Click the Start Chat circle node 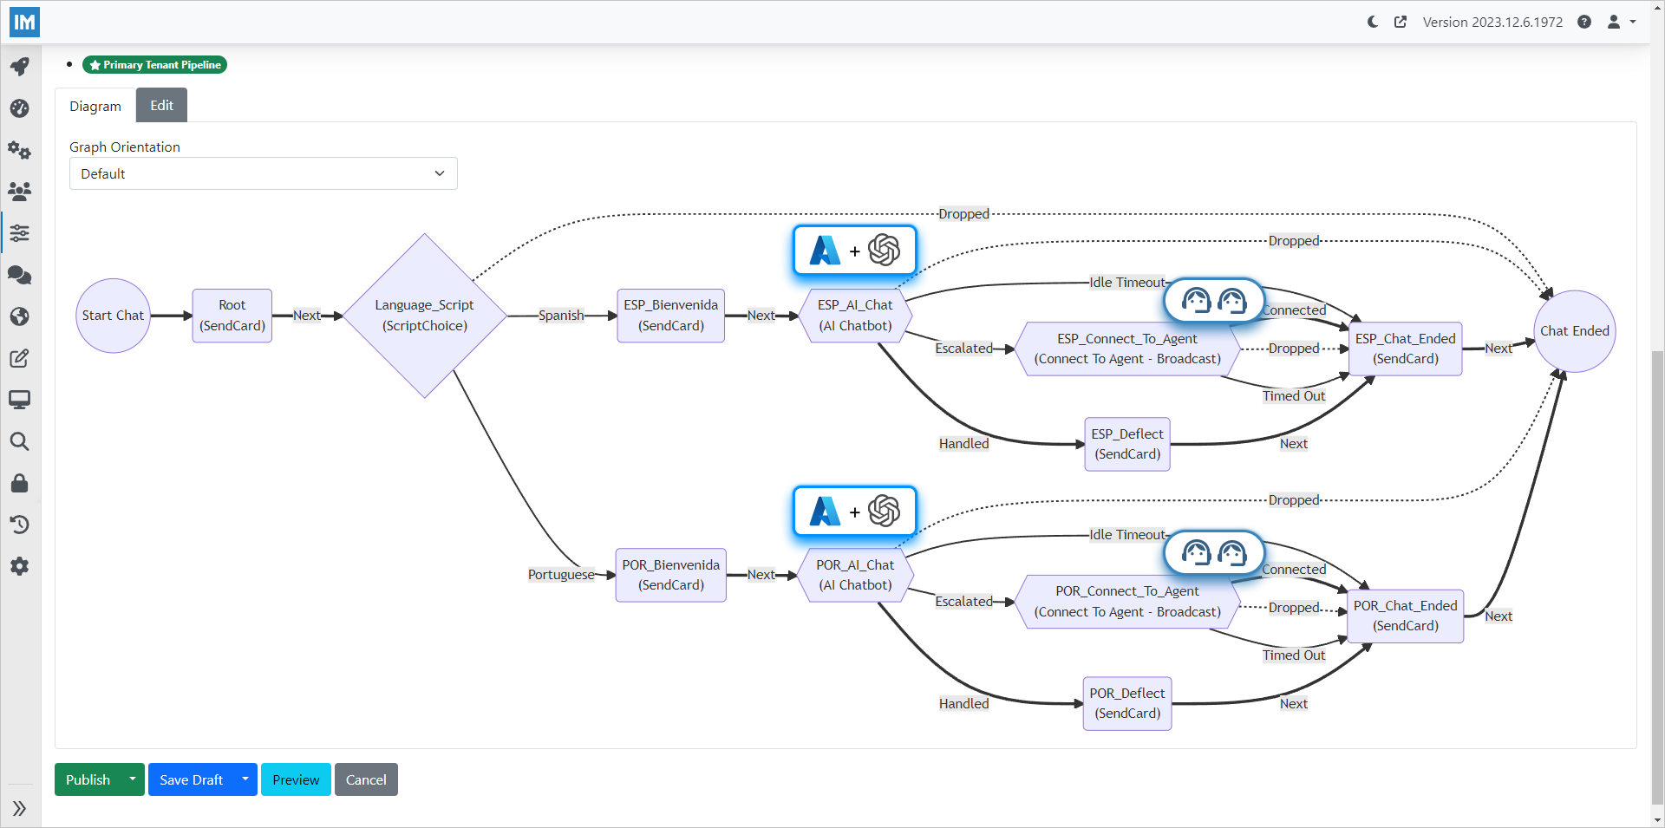tap(113, 316)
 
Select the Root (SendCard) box tap(232, 316)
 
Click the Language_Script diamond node tap(425, 316)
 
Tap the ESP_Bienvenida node tap(670, 316)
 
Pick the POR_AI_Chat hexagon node tap(855, 575)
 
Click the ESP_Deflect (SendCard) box tap(1126, 444)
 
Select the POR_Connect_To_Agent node tap(1126, 601)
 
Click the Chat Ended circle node tap(1574, 331)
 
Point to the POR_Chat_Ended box tap(1405, 616)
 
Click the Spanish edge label tap(561, 316)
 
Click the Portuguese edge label tap(561, 575)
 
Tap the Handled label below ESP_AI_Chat tap(963, 444)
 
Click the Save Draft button tap(191, 779)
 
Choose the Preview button tap(296, 779)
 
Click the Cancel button tap(366, 779)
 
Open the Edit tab tap(161, 106)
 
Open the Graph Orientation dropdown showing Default tap(263, 173)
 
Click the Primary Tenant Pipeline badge tap(154, 65)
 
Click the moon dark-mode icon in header tap(1372, 22)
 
